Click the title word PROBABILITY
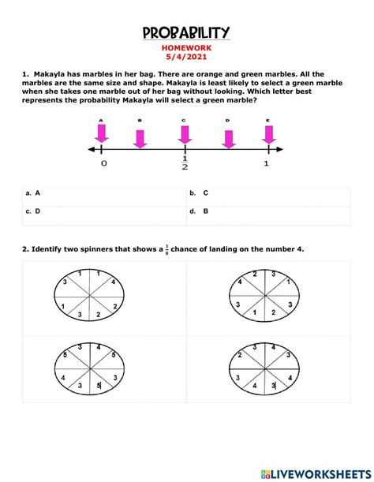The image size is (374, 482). point(186,32)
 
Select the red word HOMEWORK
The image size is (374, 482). point(186,47)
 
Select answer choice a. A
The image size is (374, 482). point(33,192)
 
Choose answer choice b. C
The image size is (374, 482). point(199,192)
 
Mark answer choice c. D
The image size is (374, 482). point(33,211)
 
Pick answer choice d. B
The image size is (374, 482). point(199,211)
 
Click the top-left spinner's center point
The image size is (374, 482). point(89,295)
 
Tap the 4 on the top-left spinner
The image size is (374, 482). point(113,282)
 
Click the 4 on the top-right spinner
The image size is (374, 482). point(240,282)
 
